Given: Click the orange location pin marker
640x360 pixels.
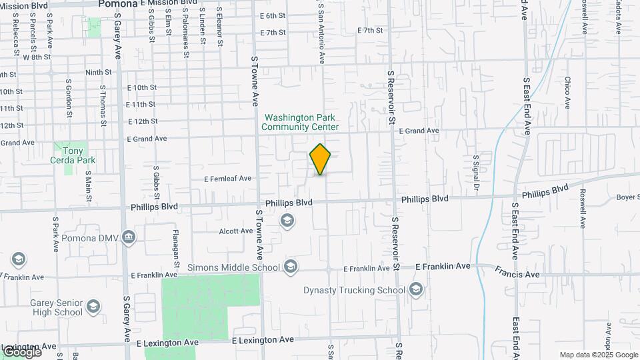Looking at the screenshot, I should [320, 159].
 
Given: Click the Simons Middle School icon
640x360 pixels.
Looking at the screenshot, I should [290, 267].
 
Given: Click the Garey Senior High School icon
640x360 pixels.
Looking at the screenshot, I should [93, 306].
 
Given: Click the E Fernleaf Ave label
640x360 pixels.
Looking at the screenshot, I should [228, 179].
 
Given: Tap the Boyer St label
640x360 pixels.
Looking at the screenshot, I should [627, 197].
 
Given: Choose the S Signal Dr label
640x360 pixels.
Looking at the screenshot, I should [476, 173].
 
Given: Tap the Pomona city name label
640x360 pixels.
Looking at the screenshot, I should [117, 3].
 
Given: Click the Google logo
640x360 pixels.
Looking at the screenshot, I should [21, 352].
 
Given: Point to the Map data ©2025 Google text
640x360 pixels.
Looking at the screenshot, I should [599, 355].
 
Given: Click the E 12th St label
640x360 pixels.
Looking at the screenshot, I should [141, 121].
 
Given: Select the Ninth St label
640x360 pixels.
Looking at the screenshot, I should [98, 72].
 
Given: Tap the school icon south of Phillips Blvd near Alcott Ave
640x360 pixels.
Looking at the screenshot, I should [287, 221].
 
